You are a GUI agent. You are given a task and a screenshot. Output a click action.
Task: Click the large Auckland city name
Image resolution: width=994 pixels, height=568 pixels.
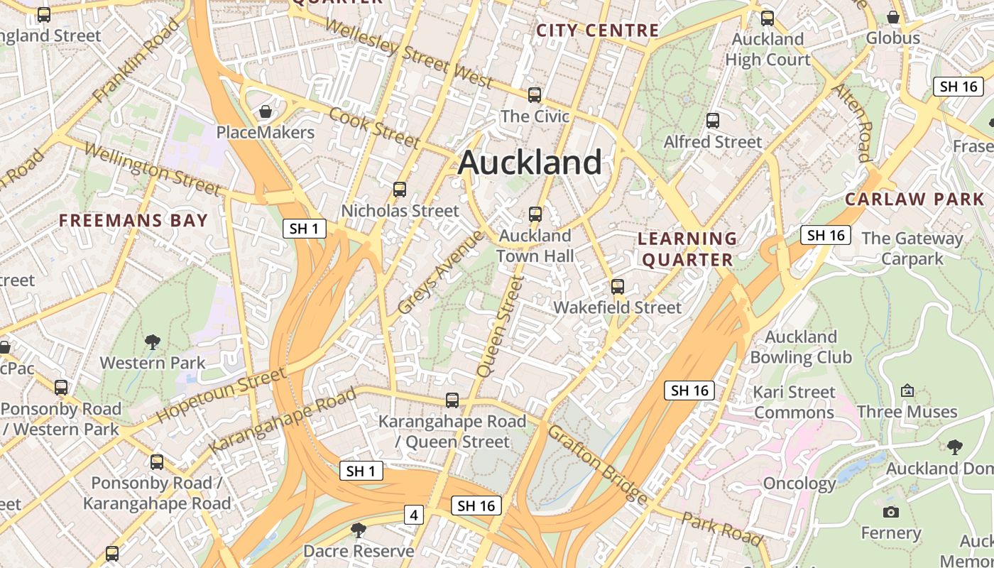(x=530, y=163)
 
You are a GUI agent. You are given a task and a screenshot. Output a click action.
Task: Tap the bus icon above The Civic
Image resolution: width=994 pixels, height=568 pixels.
(x=535, y=94)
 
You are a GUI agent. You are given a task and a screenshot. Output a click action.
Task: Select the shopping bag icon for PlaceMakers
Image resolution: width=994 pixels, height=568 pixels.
(x=265, y=111)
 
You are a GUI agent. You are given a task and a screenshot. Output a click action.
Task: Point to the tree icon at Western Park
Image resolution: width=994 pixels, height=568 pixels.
(x=152, y=342)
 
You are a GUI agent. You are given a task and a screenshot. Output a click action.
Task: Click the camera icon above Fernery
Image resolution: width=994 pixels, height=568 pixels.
(x=890, y=512)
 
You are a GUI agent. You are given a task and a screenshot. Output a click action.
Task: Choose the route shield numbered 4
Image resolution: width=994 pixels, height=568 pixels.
(x=413, y=515)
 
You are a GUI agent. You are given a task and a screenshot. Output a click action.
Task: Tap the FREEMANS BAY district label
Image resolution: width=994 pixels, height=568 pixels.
(x=133, y=220)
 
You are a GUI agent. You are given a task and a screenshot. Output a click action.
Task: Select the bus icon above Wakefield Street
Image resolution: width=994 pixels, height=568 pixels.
(x=618, y=287)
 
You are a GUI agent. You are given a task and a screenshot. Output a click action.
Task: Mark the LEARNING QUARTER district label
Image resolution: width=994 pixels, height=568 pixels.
(x=687, y=248)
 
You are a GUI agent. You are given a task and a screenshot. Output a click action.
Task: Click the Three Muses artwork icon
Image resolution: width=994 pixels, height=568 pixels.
(x=907, y=390)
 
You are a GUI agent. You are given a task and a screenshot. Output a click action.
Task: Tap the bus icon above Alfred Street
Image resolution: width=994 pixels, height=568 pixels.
(x=712, y=121)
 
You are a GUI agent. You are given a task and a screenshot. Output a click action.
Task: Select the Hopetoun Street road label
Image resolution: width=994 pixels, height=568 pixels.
(x=221, y=395)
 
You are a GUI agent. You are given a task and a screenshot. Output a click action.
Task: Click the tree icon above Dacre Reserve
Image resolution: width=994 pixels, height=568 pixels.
(x=359, y=530)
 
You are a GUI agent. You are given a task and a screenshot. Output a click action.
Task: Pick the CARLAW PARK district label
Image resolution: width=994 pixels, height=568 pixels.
(x=914, y=199)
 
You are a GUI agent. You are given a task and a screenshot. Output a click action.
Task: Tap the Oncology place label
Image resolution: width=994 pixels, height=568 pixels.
(x=799, y=484)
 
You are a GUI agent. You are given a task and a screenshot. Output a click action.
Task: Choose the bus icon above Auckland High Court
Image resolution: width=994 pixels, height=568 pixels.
(x=767, y=18)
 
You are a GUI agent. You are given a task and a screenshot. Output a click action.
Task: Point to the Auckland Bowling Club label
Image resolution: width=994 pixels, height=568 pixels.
(x=801, y=346)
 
